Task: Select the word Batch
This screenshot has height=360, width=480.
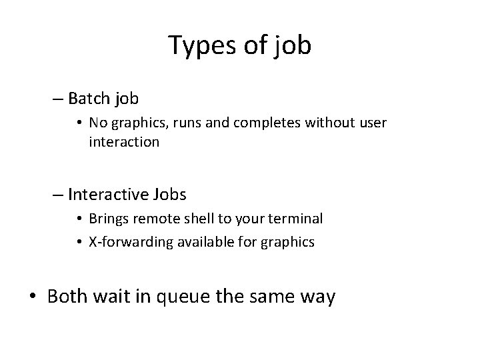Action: (x=90, y=99)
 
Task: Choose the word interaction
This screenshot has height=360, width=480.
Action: (x=123, y=142)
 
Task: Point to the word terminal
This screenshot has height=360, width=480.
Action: (x=297, y=219)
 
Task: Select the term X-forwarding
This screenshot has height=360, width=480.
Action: (x=126, y=242)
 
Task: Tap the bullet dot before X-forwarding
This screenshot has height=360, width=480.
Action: (x=79, y=242)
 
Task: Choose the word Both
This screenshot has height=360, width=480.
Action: (x=67, y=296)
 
